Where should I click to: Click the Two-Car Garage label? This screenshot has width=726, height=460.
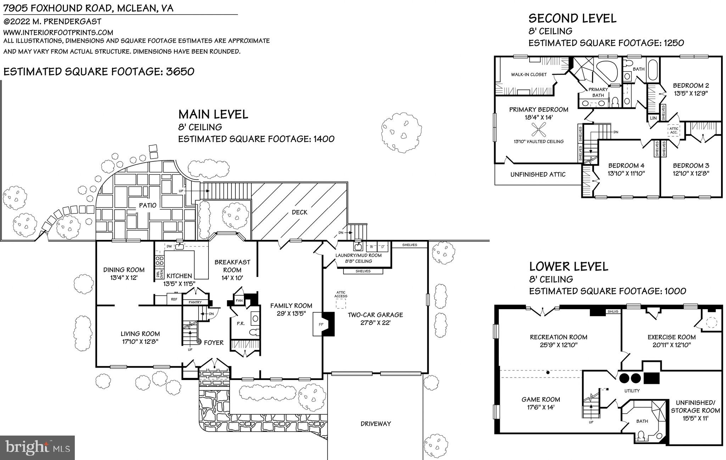[375, 315]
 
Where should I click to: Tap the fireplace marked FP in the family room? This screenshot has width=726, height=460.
[321, 324]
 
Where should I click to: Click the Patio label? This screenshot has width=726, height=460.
[147, 205]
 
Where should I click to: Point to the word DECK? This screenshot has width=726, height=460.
[300, 212]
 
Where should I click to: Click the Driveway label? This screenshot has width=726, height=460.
[376, 424]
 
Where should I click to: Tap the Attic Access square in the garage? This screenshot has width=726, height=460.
[341, 304]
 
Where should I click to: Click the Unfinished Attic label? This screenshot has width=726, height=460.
[538, 175]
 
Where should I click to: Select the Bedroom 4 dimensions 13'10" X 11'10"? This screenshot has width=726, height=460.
[626, 174]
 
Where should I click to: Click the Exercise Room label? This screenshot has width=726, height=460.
[671, 337]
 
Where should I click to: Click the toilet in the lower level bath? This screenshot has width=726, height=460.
[641, 435]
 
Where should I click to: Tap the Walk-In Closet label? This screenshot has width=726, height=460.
[529, 75]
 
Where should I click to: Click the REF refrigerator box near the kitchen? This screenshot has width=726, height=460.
[174, 300]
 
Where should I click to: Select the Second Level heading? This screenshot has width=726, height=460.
[572, 18]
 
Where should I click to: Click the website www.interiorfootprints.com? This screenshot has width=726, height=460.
[58, 33]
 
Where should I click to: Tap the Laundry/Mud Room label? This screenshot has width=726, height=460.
[358, 255]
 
